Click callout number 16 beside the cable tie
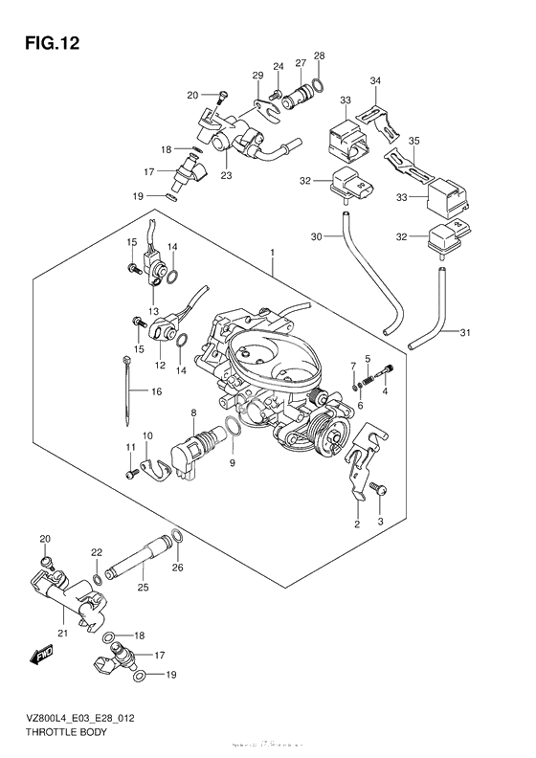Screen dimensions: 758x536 [x=156, y=390]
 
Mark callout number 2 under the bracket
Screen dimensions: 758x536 [x=356, y=524]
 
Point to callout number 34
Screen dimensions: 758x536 [x=375, y=80]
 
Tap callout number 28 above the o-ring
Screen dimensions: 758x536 [x=319, y=56]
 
